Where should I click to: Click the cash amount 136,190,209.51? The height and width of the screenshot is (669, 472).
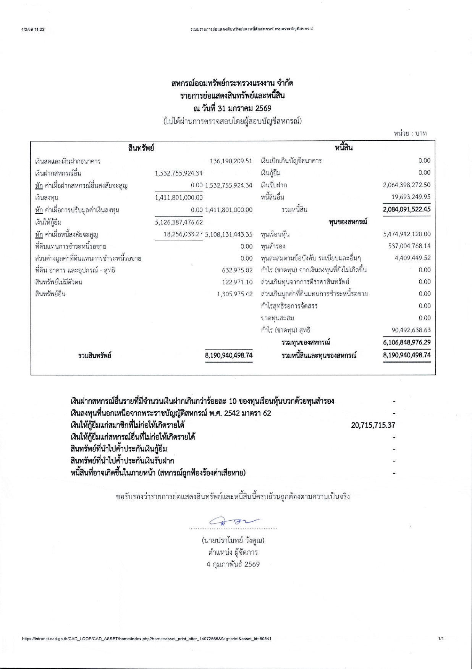[x=231, y=161]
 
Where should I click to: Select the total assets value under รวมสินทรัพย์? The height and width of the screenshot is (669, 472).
[x=229, y=355]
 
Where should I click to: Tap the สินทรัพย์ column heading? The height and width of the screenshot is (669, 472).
[x=141, y=148]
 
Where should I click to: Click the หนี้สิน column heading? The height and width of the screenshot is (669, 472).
[x=344, y=148]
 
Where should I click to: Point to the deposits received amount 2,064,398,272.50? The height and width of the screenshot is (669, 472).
[x=406, y=185]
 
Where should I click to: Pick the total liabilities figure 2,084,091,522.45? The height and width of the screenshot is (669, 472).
[x=406, y=209]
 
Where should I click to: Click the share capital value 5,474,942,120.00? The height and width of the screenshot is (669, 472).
[x=406, y=234]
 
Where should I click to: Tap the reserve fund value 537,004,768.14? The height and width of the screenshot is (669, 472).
[x=409, y=246]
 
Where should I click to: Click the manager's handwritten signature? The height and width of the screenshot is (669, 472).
[x=234, y=521]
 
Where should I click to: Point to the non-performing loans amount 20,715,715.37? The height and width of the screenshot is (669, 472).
[x=373, y=425]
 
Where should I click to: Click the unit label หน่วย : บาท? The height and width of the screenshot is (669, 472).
[x=410, y=133]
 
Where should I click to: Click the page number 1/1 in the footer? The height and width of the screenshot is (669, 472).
[x=441, y=638]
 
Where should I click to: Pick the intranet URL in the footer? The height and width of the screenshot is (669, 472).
[x=147, y=639]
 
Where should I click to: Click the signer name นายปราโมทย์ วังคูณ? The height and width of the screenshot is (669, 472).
[x=233, y=541]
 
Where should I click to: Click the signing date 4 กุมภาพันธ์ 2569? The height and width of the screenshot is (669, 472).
[x=233, y=564]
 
